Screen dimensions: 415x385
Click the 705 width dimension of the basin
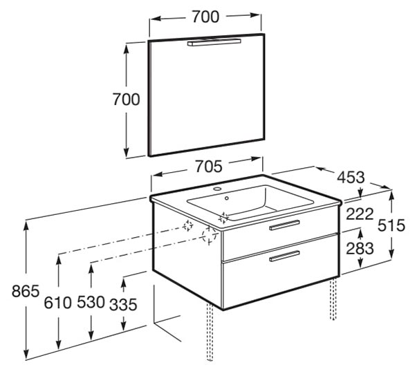pyautogui.click(x=209, y=167)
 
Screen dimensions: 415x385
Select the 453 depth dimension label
pyautogui.click(x=351, y=177)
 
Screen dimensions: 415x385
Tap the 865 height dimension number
pyautogui.click(x=26, y=291)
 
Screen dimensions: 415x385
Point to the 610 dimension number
pyautogui.click(x=57, y=303)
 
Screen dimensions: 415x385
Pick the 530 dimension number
pyautogui.click(x=91, y=302)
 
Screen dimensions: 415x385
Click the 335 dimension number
pyautogui.click(x=123, y=304)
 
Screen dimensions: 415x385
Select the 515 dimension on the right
pyautogui.click(x=391, y=225)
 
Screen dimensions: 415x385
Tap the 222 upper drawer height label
pyautogui.click(x=360, y=214)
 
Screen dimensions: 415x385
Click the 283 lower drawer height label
pyautogui.click(x=360, y=249)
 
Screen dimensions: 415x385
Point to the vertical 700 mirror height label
pyautogui.click(x=127, y=100)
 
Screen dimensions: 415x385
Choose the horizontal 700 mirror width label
pyautogui.click(x=205, y=17)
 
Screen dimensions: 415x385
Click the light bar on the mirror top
pyautogui.click(x=214, y=43)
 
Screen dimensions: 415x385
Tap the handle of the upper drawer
pyautogui.click(x=284, y=225)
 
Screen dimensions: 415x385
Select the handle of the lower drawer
pyautogui.click(x=284, y=256)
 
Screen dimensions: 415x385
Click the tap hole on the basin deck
pyautogui.click(x=218, y=189)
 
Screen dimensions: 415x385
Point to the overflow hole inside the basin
pyautogui.click(x=227, y=198)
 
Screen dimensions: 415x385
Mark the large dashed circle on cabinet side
pyautogui.click(x=209, y=235)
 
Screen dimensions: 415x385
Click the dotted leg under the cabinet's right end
pyautogui.click(x=333, y=299)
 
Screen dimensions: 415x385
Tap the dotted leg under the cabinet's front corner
pyautogui.click(x=210, y=332)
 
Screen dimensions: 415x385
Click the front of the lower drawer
pyautogui.click(x=281, y=272)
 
